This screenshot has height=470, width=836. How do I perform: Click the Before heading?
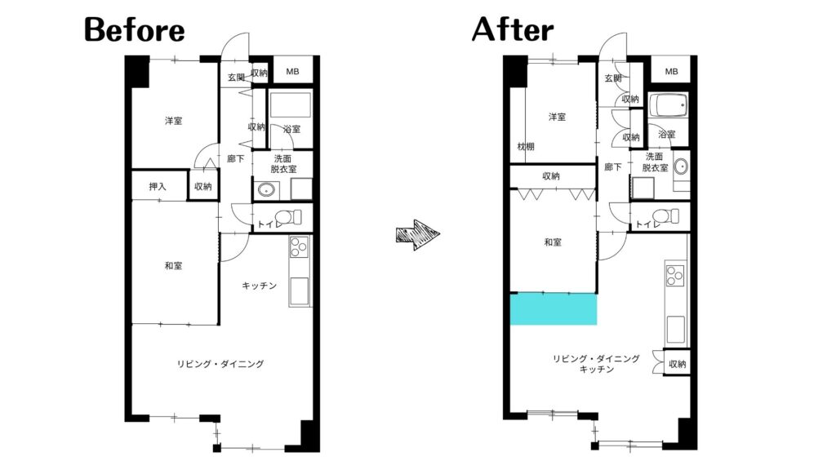[x=135, y=30]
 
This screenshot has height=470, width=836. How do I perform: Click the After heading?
[x=513, y=29]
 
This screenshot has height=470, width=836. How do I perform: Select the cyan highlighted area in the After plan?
[x=554, y=309]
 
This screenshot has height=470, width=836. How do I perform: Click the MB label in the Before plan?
[x=292, y=72]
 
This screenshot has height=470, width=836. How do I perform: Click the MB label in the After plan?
[x=671, y=72]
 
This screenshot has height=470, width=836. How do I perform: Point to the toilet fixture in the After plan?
[x=666, y=216]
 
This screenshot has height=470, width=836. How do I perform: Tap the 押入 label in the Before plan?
[x=158, y=187]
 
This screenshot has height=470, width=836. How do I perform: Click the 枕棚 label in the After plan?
[x=526, y=147]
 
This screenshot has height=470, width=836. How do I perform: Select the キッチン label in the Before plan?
[x=259, y=286]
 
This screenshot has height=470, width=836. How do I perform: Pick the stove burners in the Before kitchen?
[x=299, y=247]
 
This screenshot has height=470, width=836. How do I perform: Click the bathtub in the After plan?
[x=669, y=105]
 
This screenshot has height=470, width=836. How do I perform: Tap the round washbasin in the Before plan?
[x=266, y=189]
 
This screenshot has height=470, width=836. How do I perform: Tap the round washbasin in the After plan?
[x=681, y=166]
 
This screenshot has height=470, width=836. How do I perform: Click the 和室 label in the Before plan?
[x=173, y=265]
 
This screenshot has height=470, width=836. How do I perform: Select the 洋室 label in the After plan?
[x=557, y=117]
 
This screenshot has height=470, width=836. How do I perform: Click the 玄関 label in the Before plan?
[x=236, y=78]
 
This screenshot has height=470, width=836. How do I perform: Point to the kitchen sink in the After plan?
[x=675, y=329]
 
